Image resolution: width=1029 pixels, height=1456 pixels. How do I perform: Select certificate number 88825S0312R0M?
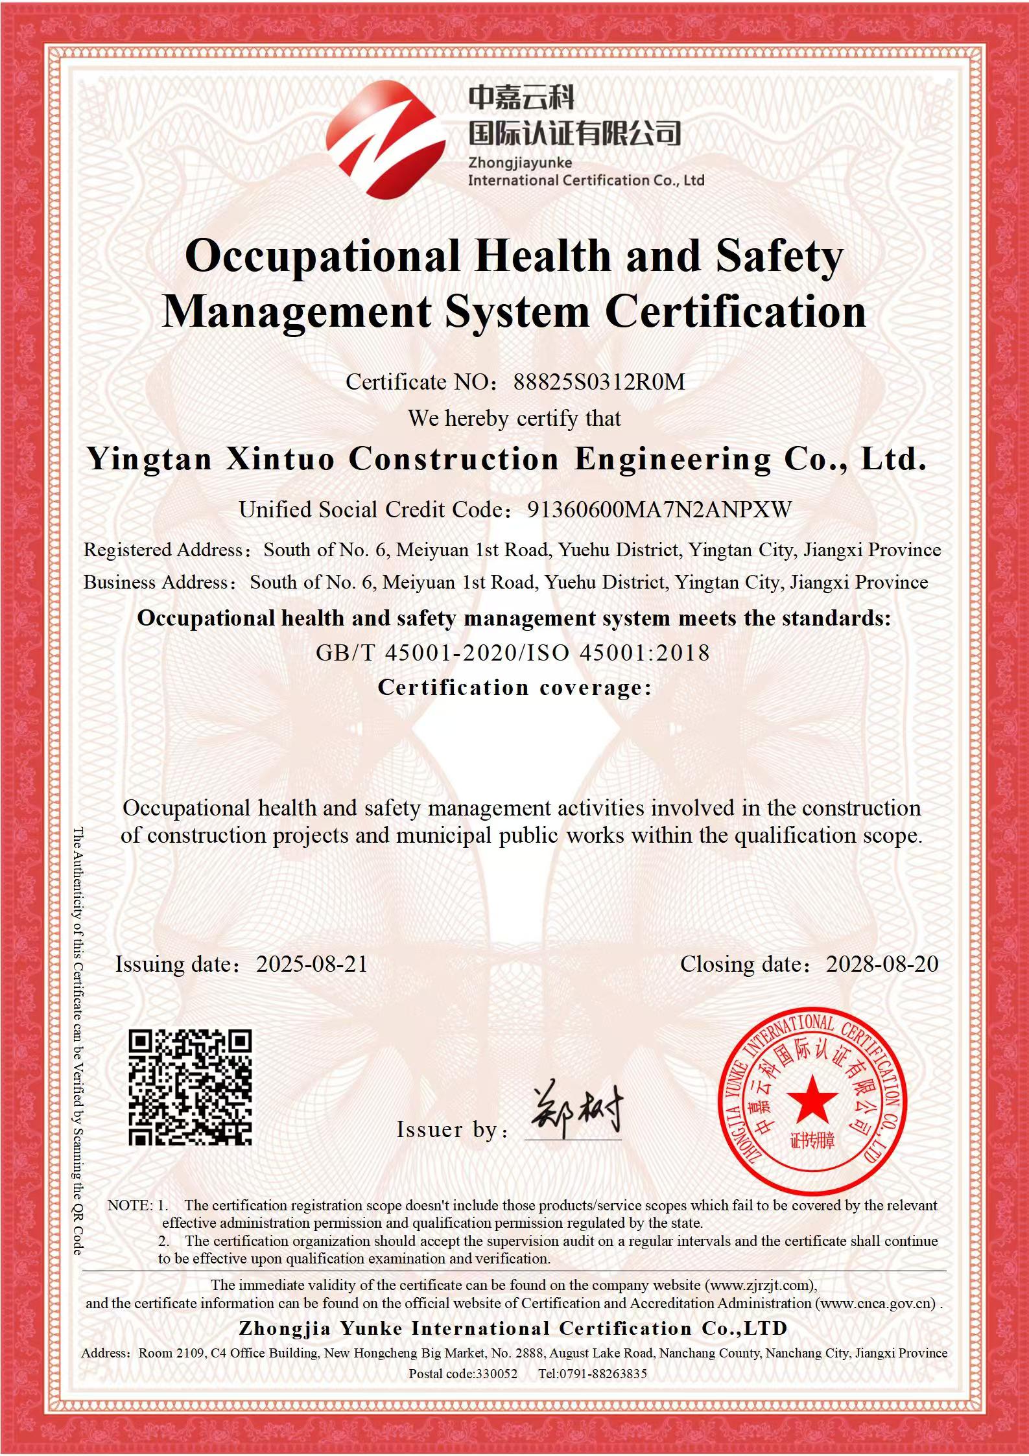[x=598, y=382]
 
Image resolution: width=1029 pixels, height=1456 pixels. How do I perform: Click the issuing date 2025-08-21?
[x=312, y=964]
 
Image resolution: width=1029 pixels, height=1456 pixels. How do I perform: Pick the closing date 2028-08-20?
[x=882, y=964]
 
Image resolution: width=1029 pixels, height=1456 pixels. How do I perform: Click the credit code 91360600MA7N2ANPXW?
[x=659, y=510]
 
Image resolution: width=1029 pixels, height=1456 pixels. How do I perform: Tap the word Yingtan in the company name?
[x=150, y=460]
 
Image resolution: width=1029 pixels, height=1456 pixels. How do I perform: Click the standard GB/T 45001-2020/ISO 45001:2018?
[x=513, y=652]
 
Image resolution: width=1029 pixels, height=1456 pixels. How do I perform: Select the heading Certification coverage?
[x=514, y=687]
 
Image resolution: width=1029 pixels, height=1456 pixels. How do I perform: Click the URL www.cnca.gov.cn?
[x=875, y=1302]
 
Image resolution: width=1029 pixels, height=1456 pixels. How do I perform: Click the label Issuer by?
[x=447, y=1129]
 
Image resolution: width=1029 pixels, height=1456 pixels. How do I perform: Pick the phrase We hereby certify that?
[x=514, y=419]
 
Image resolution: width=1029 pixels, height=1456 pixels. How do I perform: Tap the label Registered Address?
[x=163, y=550]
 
